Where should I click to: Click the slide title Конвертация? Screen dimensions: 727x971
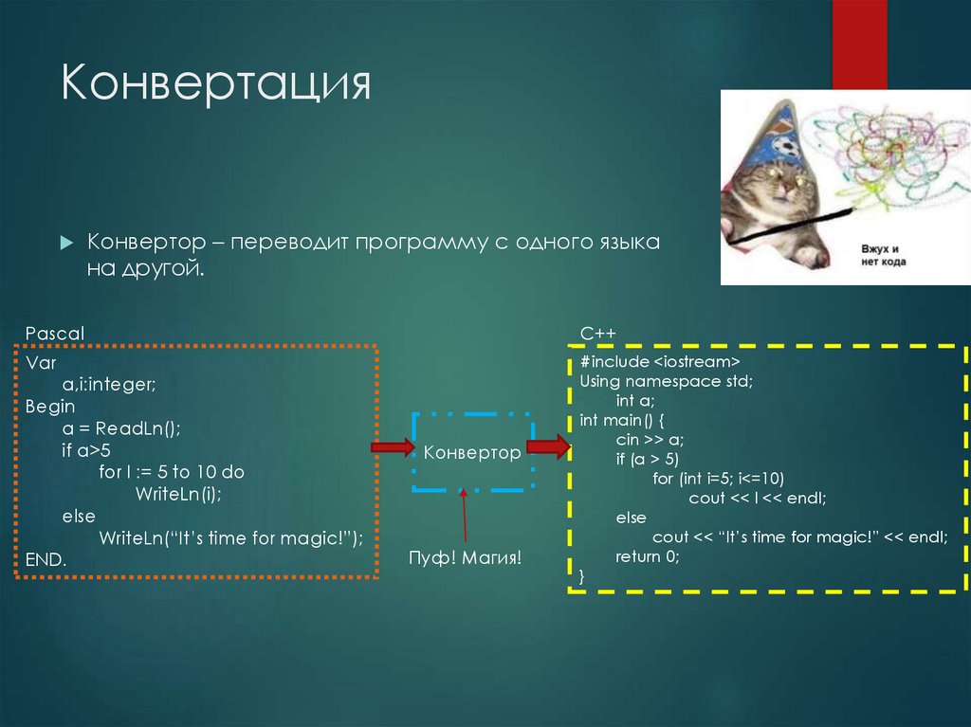point(215,83)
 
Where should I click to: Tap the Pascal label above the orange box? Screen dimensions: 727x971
point(55,333)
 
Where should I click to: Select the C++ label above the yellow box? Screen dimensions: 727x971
point(597,333)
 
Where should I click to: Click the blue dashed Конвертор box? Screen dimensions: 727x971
point(472,452)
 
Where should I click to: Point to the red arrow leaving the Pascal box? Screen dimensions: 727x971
point(392,446)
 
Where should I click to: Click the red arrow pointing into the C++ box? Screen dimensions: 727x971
point(547,446)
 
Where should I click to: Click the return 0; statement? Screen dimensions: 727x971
point(648,556)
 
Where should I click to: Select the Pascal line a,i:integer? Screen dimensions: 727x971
point(109,384)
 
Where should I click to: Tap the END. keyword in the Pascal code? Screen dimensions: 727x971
point(46,559)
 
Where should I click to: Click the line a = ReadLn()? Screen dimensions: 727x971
point(121,427)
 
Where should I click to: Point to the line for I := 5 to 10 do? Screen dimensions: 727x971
point(172,472)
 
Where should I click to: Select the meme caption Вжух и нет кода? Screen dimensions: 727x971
point(883,253)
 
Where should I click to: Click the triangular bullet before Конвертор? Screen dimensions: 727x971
point(66,243)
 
